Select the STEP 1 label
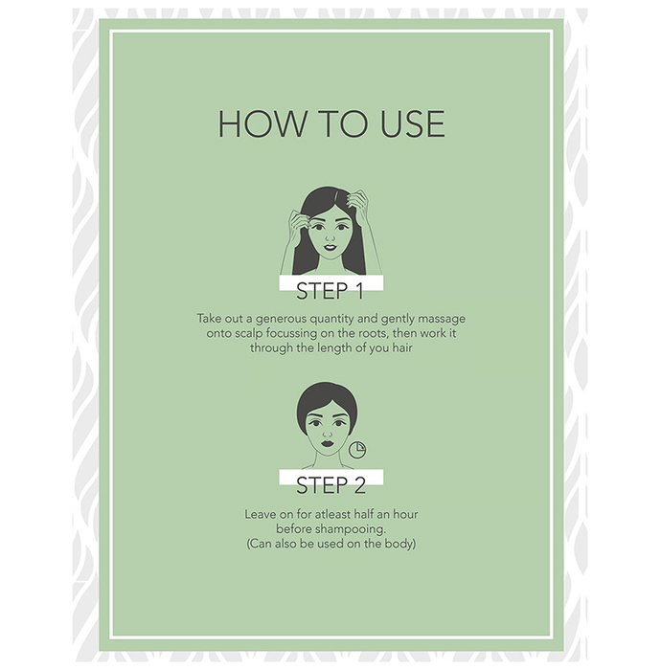[330, 291]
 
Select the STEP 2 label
[330, 485]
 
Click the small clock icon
[357, 450]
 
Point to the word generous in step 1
[281, 319]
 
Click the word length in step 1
[334, 347]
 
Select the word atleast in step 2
[332, 514]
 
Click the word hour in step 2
[405, 514]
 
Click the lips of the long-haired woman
[330, 247]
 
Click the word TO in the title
[344, 123]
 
